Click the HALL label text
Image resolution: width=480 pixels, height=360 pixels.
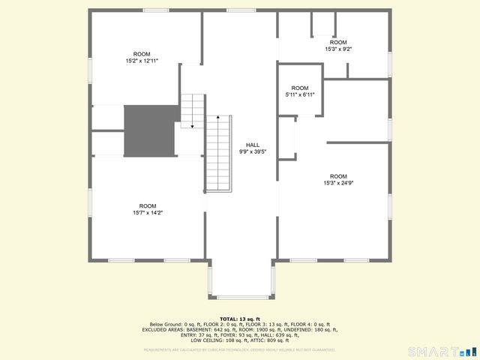pyautogui.click(x=253, y=145)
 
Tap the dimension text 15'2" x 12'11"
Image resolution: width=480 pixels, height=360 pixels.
pyautogui.click(x=142, y=61)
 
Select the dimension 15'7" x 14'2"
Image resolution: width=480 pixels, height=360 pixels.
pyautogui.click(x=147, y=213)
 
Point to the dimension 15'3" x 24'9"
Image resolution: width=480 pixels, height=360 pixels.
pyautogui.click(x=338, y=183)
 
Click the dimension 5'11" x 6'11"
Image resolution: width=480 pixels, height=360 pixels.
pyautogui.click(x=300, y=94)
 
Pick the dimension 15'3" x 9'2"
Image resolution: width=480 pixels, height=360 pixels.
pyautogui.click(x=338, y=49)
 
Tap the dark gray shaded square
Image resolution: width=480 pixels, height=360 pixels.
pyautogui.click(x=149, y=130)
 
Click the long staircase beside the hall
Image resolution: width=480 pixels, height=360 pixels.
pyautogui.click(x=218, y=153)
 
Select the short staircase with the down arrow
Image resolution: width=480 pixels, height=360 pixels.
pyautogui.click(x=193, y=110)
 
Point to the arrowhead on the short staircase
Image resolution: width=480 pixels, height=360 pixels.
pyautogui.click(x=192, y=127)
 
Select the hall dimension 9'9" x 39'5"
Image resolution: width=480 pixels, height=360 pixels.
pyautogui.click(x=253, y=151)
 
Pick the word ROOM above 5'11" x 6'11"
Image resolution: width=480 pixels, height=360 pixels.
pyautogui.click(x=300, y=88)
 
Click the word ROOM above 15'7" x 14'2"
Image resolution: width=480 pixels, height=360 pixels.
pyautogui.click(x=147, y=205)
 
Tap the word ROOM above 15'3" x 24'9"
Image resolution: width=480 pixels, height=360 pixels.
pyautogui.click(x=338, y=176)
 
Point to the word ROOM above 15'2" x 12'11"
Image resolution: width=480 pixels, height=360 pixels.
pyautogui.click(x=142, y=54)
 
